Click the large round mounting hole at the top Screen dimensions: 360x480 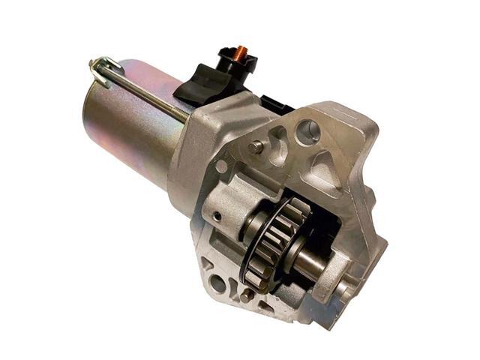(308, 132)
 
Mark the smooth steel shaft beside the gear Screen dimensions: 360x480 (316, 258)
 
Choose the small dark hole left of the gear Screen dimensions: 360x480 (217, 217)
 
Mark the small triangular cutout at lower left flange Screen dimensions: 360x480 (203, 264)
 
